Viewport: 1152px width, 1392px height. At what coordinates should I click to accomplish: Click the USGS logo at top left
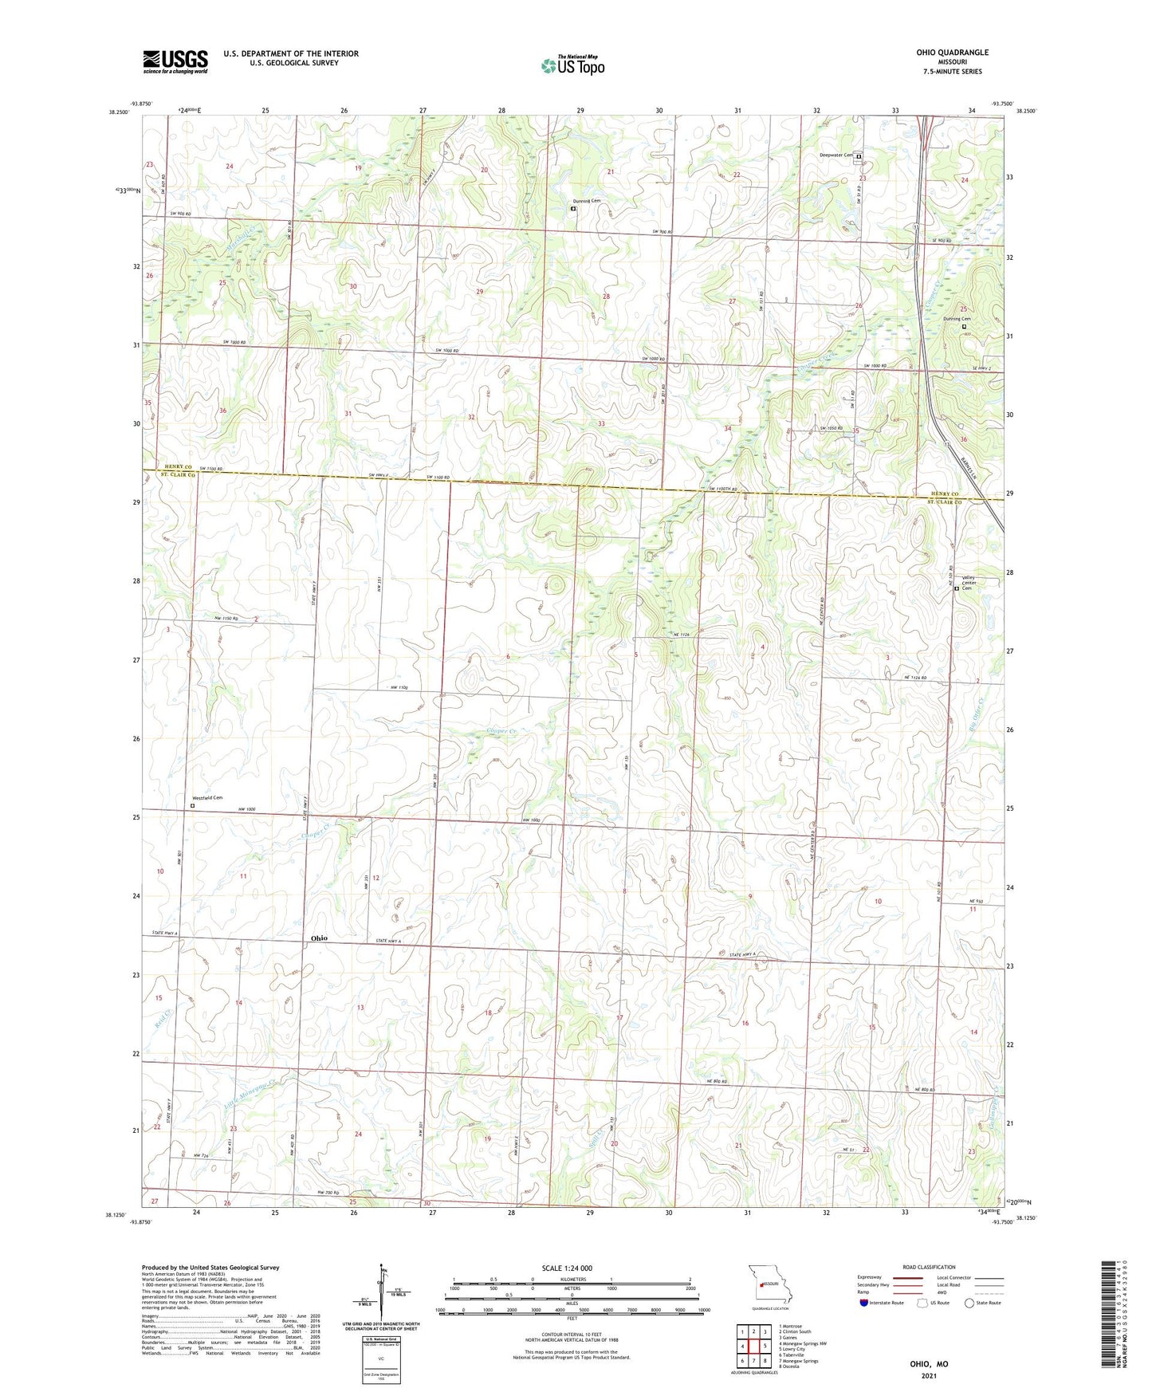[175, 61]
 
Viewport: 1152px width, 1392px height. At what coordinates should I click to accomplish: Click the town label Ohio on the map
[318, 938]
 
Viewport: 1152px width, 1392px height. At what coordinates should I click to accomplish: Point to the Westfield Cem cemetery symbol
[192, 805]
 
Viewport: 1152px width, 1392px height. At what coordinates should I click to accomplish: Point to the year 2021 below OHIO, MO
[929, 1375]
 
